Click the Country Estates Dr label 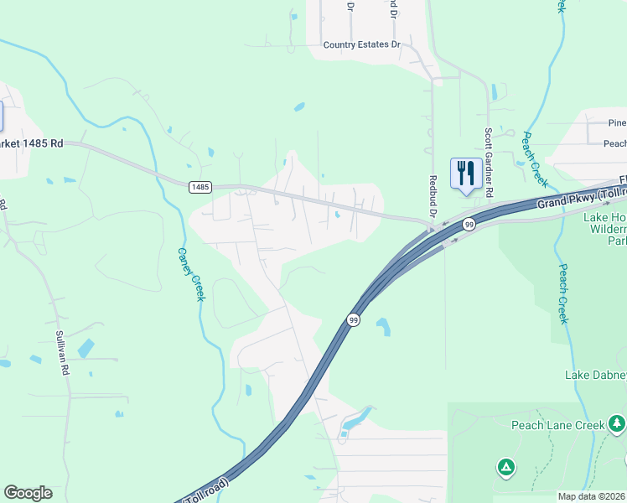click(362, 44)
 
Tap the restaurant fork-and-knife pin click(466, 174)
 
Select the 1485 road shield click(199, 186)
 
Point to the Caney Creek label click(191, 275)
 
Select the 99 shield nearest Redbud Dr click(469, 224)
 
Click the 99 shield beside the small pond click(353, 320)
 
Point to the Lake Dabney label click(595, 374)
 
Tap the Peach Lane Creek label click(558, 425)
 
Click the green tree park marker click(618, 422)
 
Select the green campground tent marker click(505, 466)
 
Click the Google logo click(28, 493)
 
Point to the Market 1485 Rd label click(32, 143)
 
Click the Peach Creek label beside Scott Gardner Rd click(536, 159)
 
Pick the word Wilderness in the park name click(606, 229)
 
